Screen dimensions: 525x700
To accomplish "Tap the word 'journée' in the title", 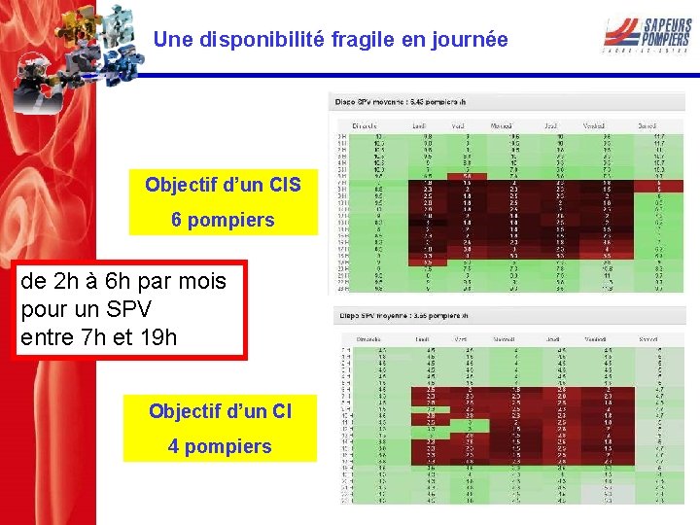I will click(471, 40).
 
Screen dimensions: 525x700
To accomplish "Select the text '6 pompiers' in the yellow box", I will click(223, 220).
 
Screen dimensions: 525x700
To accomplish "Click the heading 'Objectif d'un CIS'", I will click(223, 184).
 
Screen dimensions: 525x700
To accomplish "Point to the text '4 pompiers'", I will click(220, 446).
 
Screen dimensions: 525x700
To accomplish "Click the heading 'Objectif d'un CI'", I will click(220, 411).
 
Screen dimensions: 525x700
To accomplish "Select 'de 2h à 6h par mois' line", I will click(123, 282).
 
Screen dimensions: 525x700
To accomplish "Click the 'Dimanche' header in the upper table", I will click(365, 125).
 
